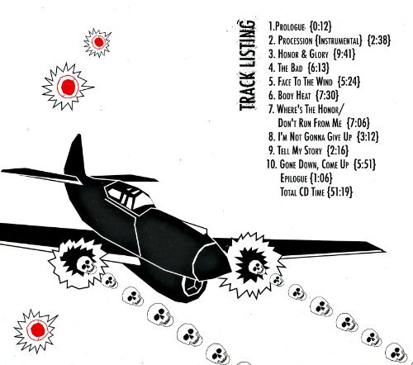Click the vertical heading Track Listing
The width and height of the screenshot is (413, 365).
248,65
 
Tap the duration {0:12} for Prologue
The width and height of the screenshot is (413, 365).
320,26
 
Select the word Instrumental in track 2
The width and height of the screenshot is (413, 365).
339,40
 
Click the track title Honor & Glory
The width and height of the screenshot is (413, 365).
303,54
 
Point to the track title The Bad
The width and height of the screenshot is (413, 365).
290,68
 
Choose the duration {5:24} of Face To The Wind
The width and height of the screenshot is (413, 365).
349,82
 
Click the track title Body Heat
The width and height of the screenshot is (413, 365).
294,95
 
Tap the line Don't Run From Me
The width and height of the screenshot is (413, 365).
310,123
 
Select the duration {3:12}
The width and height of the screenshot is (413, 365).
368,136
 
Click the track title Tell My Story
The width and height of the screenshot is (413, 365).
300,150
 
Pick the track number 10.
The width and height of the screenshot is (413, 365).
272,164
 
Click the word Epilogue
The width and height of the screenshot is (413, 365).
293,178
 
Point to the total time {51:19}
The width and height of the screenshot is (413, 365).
339,192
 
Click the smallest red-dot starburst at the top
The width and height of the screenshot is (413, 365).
97,42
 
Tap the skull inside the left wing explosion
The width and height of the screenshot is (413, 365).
86,265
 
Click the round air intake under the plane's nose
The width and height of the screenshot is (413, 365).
192,286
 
